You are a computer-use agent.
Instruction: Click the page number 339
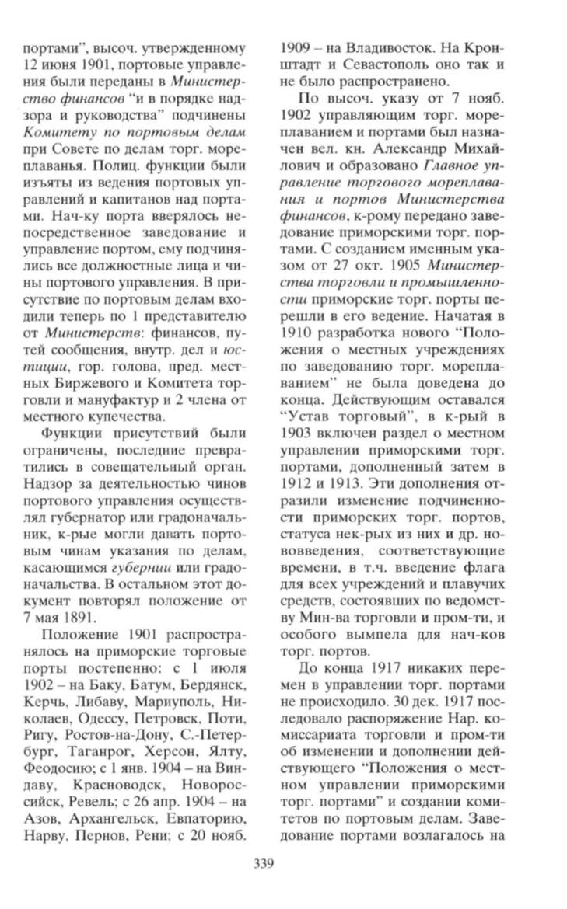283,883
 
